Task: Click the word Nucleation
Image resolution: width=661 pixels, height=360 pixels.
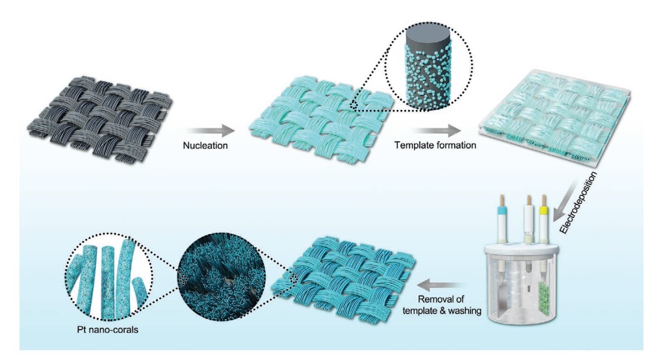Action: (x=204, y=146)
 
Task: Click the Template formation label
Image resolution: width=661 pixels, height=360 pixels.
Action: (x=435, y=146)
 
